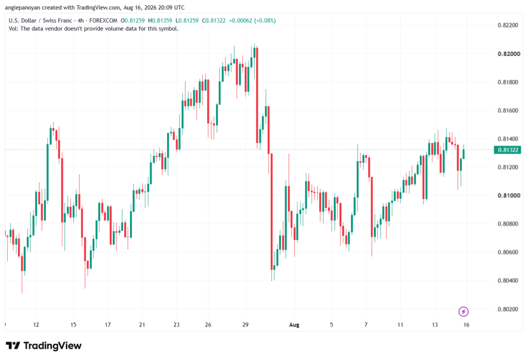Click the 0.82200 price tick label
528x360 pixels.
[x=508, y=26]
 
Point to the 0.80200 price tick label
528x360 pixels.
[x=508, y=309]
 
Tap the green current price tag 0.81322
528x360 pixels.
[x=507, y=150]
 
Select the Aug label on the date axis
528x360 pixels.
[x=294, y=325]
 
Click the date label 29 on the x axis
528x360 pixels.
[x=245, y=325]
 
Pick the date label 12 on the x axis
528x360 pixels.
[x=36, y=325]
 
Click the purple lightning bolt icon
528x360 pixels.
[x=464, y=312]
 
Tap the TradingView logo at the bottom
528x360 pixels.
[x=43, y=346]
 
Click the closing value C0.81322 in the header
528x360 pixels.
[x=214, y=21]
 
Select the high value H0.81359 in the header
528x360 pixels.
[x=160, y=21]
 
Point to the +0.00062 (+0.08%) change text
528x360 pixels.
[x=252, y=21]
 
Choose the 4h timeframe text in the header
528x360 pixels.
[x=81, y=21]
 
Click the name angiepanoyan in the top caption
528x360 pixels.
[x=22, y=8]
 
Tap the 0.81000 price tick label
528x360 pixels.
[x=509, y=195]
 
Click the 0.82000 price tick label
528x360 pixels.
[x=509, y=54]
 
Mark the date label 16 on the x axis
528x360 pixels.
[x=466, y=325]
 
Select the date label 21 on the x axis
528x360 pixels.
[x=142, y=325]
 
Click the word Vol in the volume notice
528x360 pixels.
[x=13, y=29]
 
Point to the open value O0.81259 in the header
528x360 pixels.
[x=133, y=21]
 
